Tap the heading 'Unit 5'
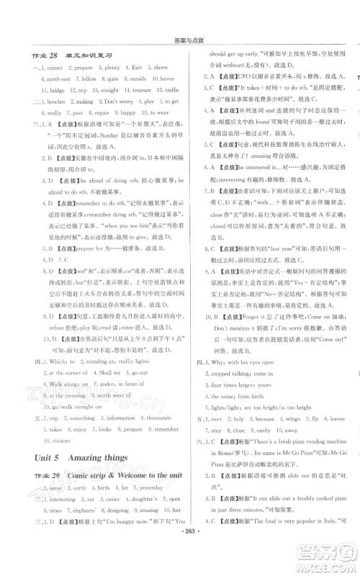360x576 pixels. point(48,457)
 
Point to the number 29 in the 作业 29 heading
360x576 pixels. point(55,476)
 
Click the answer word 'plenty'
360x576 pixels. point(112,68)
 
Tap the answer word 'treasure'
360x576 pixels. point(143,90)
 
